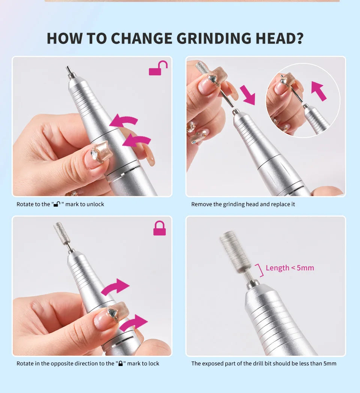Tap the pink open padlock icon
coord(158,68)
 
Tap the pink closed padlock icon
coord(159,228)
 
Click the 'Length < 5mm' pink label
coord(290,268)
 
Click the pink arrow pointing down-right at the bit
coord(247,95)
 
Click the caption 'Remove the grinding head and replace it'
coord(243,204)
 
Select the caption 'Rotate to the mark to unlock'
coord(60,204)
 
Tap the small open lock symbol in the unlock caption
coord(57,204)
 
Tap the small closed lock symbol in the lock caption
coord(120,364)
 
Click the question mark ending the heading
coord(299,39)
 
